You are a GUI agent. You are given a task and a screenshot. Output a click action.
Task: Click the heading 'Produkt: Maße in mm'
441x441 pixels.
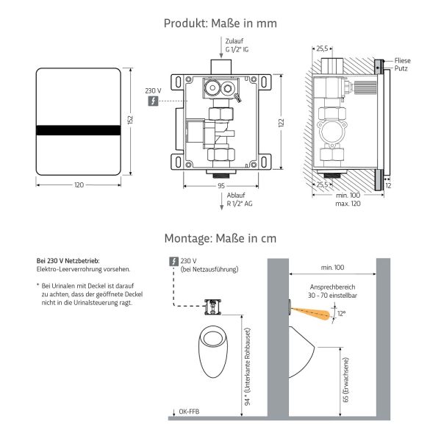tap(220, 23)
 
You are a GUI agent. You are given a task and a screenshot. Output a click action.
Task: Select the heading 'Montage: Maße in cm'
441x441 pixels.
tap(220, 239)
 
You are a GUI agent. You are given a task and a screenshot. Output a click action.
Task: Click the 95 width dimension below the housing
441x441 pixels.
tap(220, 187)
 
